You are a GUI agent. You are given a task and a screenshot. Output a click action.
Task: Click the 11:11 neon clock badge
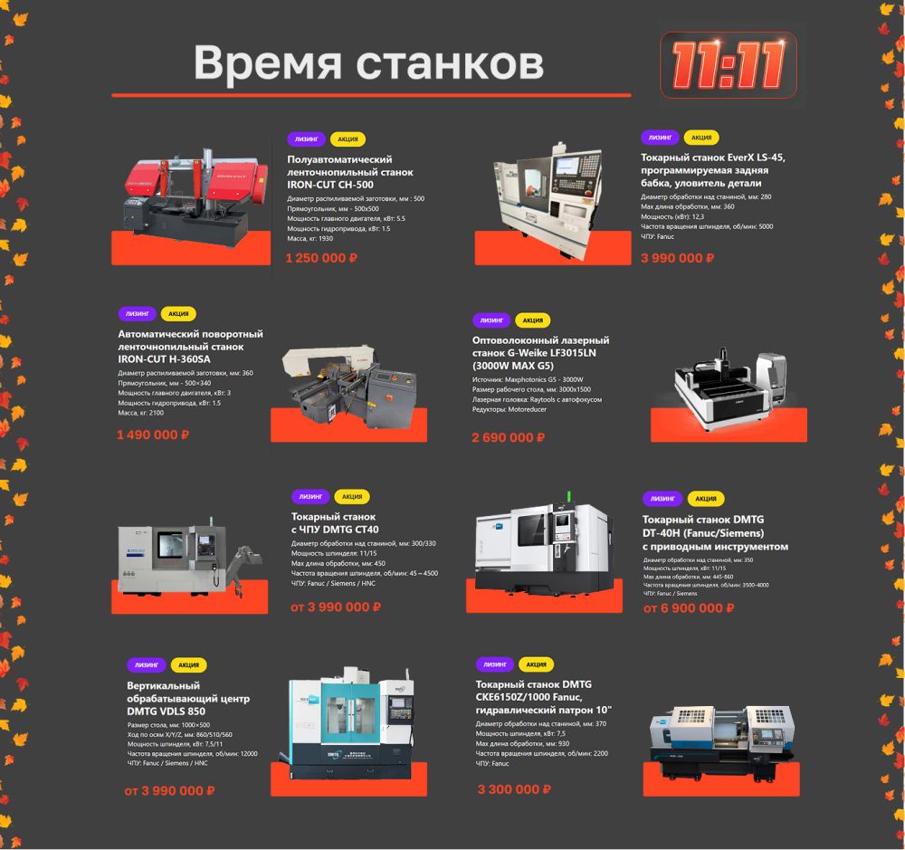coord(728,65)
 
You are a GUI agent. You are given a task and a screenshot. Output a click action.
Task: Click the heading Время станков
coord(368,63)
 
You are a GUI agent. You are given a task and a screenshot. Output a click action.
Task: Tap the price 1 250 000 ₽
coord(321,258)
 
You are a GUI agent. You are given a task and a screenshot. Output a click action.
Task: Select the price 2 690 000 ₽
coord(508,437)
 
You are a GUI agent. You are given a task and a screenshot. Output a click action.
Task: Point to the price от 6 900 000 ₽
coord(689,607)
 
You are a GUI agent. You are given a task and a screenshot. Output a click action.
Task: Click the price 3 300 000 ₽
coord(514,789)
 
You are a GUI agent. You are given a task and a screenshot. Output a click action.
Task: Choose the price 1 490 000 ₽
coord(153,435)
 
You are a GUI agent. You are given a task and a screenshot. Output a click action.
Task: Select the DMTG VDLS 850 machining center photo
coord(349,724)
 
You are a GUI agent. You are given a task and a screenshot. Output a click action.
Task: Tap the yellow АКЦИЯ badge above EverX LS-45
coord(700,138)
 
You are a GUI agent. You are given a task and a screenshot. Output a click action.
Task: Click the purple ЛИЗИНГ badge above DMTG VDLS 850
coord(147,664)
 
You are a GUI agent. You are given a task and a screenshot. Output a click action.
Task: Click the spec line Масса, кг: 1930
coord(310,238)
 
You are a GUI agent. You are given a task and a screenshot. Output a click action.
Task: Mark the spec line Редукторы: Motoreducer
coord(509,410)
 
